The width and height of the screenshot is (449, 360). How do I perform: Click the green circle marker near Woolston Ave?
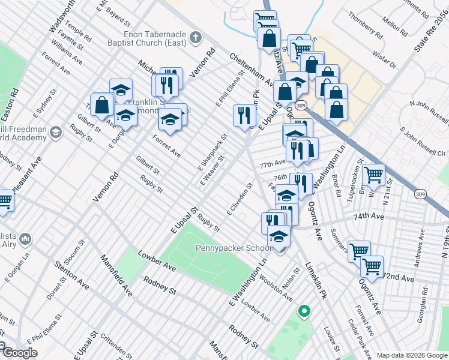point(304,311)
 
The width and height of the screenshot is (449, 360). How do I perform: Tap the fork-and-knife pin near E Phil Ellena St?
point(244,115)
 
